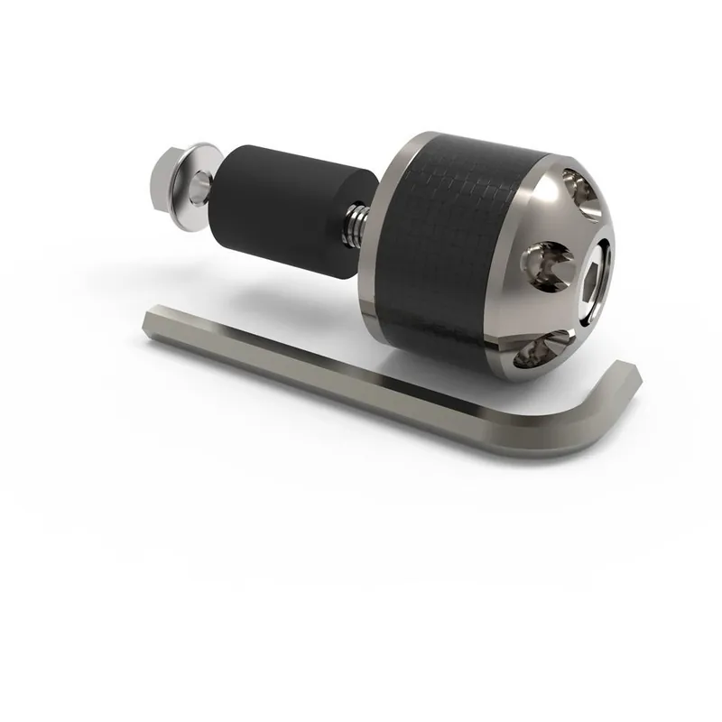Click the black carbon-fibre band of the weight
click(x=451, y=244)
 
